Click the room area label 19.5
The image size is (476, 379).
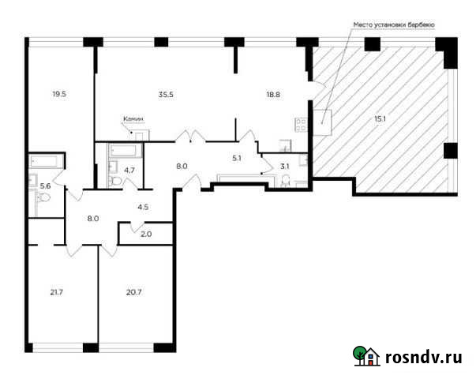click(59, 94)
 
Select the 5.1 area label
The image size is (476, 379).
click(237, 158)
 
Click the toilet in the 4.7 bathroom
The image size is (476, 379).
click(117, 181)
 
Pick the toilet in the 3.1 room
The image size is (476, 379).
click(286, 182)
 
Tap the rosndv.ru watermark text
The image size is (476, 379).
click(422, 357)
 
